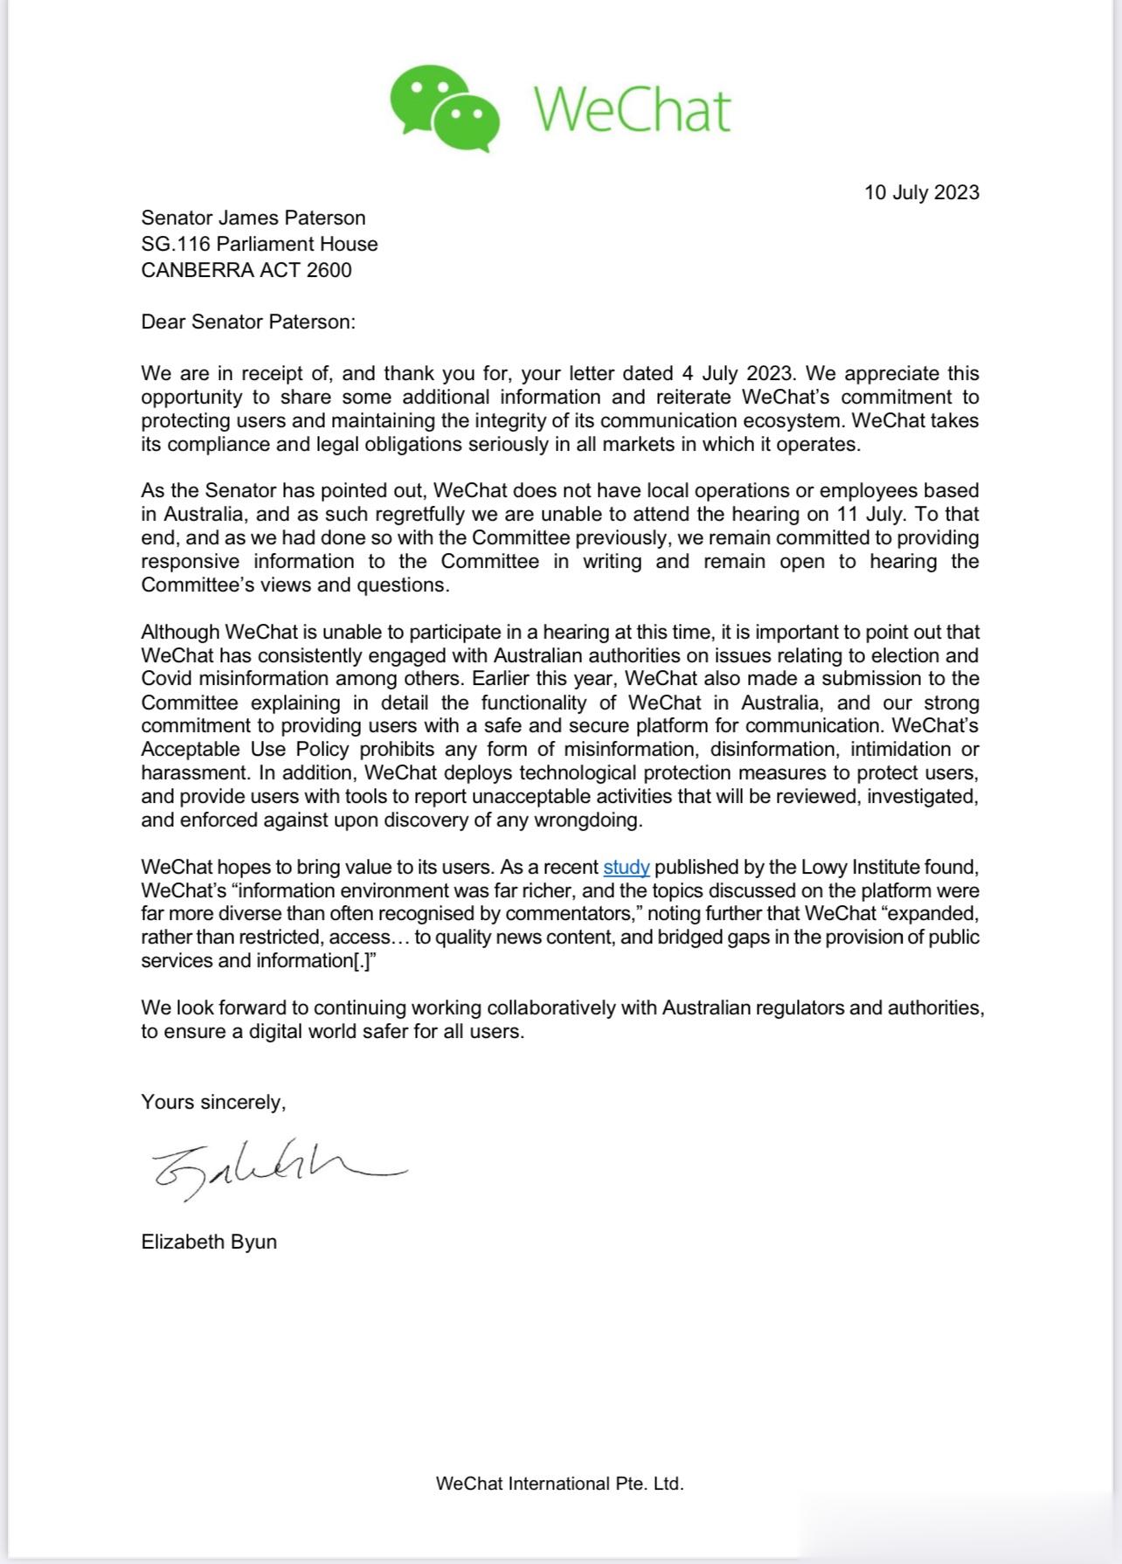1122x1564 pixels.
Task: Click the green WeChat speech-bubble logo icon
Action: tap(444, 107)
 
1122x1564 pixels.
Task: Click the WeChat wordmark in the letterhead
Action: tap(632, 110)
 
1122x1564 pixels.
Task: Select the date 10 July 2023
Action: tap(922, 192)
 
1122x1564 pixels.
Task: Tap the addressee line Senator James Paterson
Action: tap(253, 218)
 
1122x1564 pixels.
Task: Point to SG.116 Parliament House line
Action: tap(260, 244)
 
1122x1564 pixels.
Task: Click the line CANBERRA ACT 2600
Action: tap(246, 270)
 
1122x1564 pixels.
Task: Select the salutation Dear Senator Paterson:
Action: tap(248, 322)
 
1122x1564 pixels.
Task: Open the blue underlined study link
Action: tap(627, 868)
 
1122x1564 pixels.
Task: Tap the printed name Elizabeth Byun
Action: tap(209, 1242)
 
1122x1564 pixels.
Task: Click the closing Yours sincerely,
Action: tap(213, 1102)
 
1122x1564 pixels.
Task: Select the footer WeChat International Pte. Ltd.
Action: tap(559, 1483)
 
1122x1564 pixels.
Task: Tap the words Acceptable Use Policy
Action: tap(246, 750)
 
